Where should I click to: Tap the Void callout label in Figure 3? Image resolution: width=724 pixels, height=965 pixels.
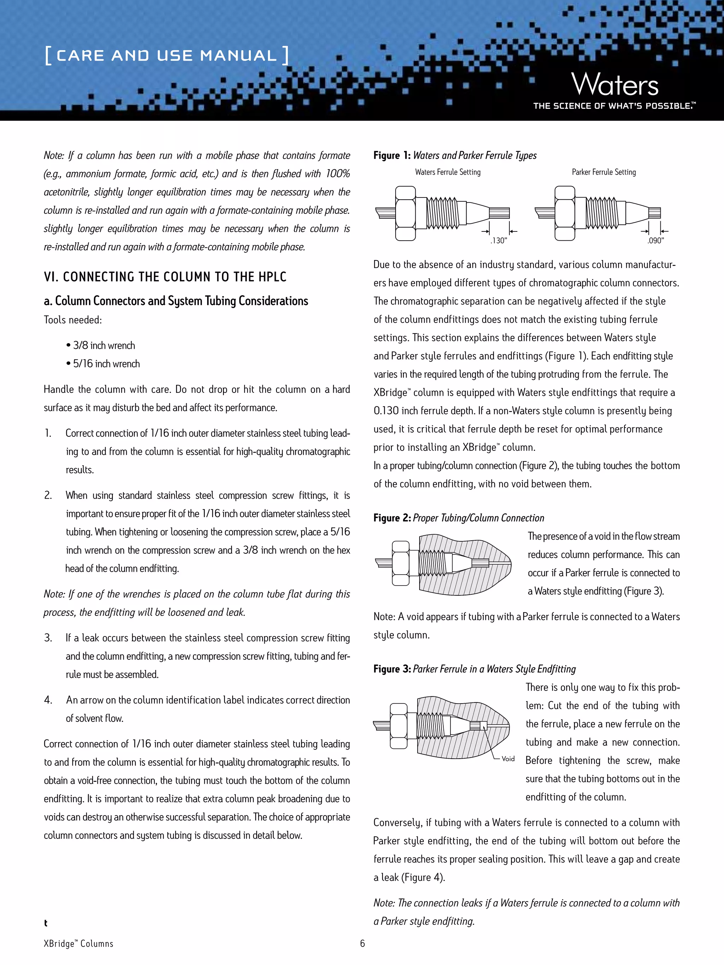click(508, 759)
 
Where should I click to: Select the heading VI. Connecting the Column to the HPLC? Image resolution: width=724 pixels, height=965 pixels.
click(165, 277)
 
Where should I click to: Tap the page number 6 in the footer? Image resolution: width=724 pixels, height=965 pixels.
click(362, 943)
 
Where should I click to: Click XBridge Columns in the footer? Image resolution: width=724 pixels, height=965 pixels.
click(78, 944)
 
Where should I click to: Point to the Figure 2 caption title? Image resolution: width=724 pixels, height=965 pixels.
click(459, 518)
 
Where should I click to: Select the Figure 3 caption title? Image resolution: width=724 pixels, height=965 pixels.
click(474, 669)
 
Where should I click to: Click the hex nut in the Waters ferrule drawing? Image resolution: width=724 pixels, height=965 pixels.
click(405, 213)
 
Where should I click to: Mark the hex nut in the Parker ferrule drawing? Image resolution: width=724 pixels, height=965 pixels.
click(564, 213)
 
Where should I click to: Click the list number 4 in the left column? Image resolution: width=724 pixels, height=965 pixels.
click(48, 700)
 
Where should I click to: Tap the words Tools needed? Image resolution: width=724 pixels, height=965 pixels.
click(72, 320)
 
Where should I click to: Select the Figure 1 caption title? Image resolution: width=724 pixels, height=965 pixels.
click(455, 155)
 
